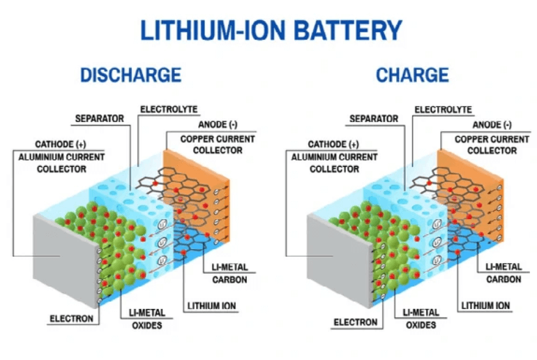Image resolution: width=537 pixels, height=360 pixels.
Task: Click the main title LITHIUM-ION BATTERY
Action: [271, 30]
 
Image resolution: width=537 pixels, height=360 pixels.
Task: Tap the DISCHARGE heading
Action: [130, 75]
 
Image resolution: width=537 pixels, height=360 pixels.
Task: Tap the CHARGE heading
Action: [412, 75]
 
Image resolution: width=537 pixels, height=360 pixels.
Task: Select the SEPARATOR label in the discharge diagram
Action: [99, 119]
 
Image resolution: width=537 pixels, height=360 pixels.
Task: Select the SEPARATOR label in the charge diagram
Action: [374, 119]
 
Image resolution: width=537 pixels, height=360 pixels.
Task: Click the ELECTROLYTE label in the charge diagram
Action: [444, 110]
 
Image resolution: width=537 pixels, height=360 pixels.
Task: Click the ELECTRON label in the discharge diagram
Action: [71, 319]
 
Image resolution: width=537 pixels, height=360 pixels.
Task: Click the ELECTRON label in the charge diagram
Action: [355, 322]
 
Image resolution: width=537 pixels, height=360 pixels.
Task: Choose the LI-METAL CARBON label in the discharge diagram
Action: [227, 273]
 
